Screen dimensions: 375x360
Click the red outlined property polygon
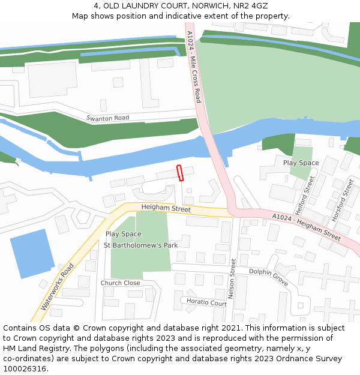coord(179,172)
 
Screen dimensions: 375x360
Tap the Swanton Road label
coord(107,118)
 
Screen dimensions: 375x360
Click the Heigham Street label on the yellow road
coord(166,208)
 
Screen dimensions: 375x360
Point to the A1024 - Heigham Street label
coord(306,226)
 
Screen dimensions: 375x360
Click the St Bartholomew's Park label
coord(141,245)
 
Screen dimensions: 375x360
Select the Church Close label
coord(120,283)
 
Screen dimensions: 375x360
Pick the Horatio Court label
coord(206,302)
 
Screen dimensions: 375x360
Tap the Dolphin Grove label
coord(269,277)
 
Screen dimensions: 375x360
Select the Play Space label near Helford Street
coord(301,163)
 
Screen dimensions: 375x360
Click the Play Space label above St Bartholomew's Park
coord(124,234)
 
